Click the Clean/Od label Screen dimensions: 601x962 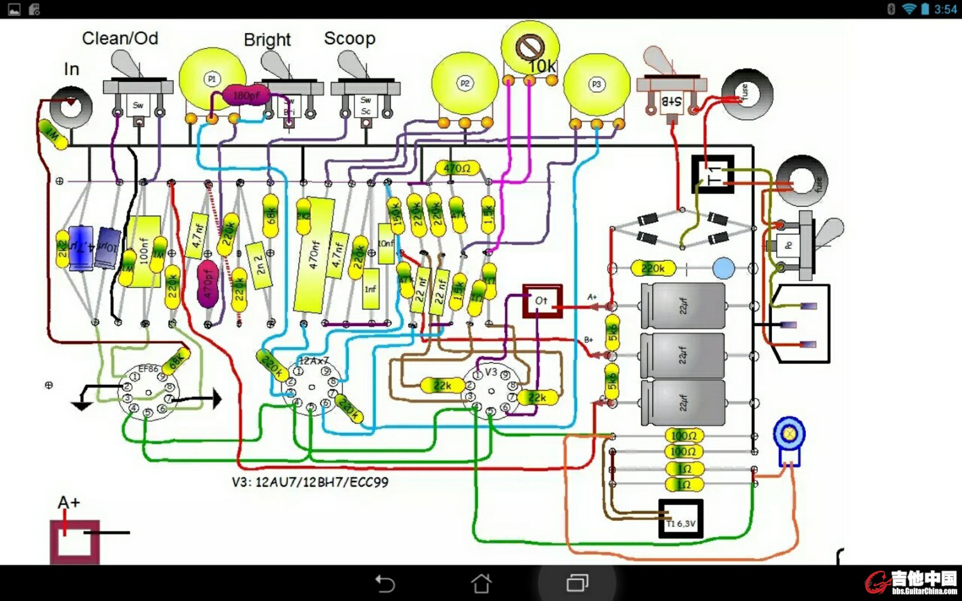[x=120, y=39]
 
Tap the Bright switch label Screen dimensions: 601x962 [x=267, y=40]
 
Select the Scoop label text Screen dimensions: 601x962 [x=349, y=39]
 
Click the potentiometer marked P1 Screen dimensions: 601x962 [x=212, y=79]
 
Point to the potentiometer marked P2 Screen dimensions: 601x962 [x=465, y=83]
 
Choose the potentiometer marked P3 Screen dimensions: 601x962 [x=596, y=85]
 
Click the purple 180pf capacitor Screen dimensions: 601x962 [x=246, y=95]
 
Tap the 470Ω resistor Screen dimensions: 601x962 [x=457, y=169]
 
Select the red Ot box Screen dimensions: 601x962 [x=542, y=301]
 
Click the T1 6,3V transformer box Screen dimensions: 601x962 [x=681, y=519]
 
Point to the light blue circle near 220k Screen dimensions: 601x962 [x=723, y=268]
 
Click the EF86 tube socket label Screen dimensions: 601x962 [x=148, y=368]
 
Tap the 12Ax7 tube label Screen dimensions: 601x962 [x=314, y=361]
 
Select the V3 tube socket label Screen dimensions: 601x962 [x=491, y=372]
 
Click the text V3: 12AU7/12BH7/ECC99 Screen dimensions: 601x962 [x=310, y=482]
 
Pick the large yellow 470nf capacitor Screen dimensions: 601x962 [x=314, y=255]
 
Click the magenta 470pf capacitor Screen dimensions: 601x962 [x=207, y=286]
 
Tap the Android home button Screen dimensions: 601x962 [x=481, y=583]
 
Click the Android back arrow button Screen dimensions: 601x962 [x=385, y=583]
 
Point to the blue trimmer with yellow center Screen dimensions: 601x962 [x=789, y=434]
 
